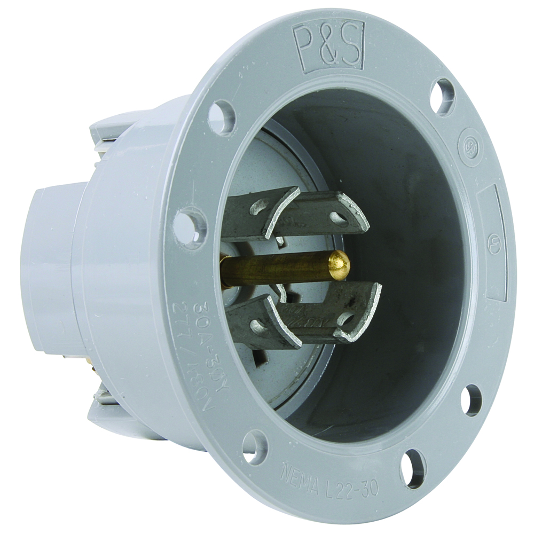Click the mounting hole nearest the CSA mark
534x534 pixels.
(x=443, y=97)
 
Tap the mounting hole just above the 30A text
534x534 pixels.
(x=190, y=227)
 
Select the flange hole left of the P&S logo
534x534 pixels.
(x=222, y=117)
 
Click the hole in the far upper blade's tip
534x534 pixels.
(x=337, y=217)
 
